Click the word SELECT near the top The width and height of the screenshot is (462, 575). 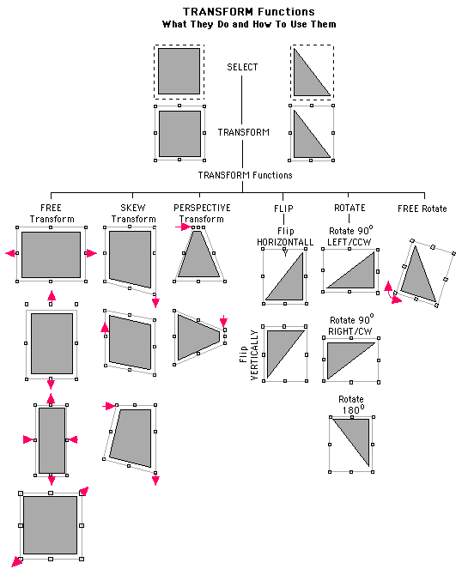click(x=242, y=67)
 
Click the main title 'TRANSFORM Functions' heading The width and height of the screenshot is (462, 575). click(x=249, y=12)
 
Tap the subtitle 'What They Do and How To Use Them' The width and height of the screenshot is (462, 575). click(x=249, y=25)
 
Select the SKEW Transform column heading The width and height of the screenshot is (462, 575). click(x=133, y=214)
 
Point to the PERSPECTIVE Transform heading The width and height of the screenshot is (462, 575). click(x=202, y=214)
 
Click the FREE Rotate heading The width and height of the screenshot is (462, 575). click(x=422, y=209)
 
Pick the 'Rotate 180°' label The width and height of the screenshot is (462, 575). click(x=351, y=404)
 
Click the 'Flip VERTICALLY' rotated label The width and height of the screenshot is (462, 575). click(x=249, y=355)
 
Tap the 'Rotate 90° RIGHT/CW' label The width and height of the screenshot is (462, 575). click(x=351, y=325)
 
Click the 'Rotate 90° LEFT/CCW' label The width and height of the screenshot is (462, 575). click(x=350, y=236)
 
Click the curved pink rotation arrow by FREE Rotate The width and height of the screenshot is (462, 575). click(x=392, y=293)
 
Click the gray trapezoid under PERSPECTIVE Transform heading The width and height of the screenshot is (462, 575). click(x=198, y=253)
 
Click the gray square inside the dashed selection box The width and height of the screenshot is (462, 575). click(x=179, y=71)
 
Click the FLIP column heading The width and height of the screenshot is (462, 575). click(x=283, y=209)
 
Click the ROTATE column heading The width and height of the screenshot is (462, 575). click(x=350, y=208)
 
